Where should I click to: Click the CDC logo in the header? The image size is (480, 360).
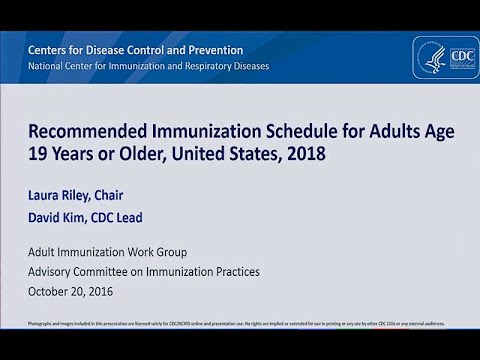pyautogui.click(x=445, y=58)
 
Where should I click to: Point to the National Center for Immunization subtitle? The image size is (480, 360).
pyautogui.click(x=148, y=67)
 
